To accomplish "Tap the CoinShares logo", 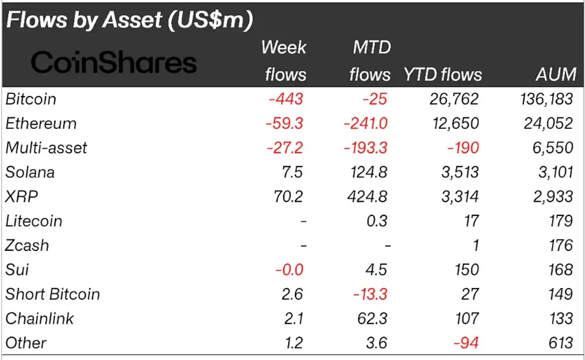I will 114,63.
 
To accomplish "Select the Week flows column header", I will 283,61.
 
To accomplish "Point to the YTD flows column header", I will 442,74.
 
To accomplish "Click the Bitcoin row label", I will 31,99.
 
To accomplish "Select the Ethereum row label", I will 40,124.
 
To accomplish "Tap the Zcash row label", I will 27,245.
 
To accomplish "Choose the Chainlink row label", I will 39,319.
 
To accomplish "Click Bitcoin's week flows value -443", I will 286,99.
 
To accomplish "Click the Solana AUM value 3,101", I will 553,173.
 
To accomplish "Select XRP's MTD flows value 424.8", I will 367,197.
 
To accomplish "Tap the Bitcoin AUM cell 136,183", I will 546,99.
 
